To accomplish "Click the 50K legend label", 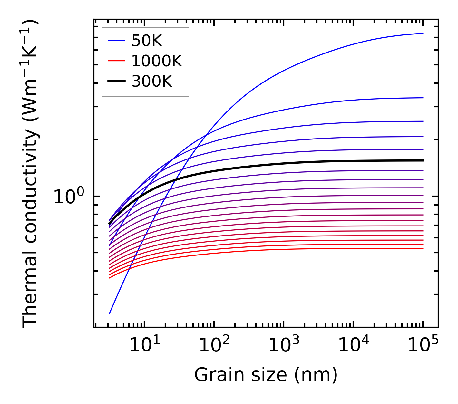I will (147, 41).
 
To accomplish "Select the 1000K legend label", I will (157, 61).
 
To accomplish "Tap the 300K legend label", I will (152, 82).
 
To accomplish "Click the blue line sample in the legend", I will (116, 41).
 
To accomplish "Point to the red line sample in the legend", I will (116, 61).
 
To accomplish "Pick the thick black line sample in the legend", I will (116, 82).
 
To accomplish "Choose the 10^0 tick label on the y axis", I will (69, 196).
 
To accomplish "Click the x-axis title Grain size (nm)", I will (266, 375).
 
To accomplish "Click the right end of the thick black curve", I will (423, 160).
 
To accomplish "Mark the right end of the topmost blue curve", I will (423, 33).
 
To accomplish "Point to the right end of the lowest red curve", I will (423, 248).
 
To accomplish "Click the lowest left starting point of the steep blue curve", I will (110, 313).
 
